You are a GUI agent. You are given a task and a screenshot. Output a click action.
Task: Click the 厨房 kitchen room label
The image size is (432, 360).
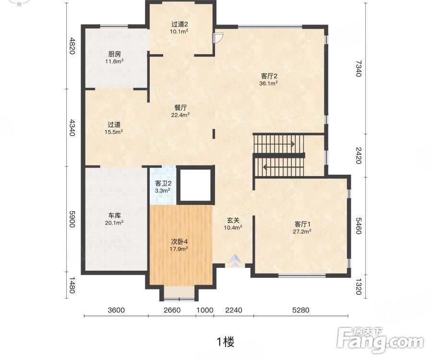pos(114,54)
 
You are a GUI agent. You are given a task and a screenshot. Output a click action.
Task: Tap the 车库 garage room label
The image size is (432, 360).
pos(114,216)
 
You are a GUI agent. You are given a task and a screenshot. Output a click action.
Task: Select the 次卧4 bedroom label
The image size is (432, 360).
pos(180,241)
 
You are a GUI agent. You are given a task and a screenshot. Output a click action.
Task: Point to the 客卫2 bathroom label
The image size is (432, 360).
pos(163,183)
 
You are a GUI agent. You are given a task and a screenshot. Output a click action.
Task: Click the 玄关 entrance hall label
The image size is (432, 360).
pos(233,220)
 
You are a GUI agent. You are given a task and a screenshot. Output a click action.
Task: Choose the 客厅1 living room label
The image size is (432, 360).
pos(302,224)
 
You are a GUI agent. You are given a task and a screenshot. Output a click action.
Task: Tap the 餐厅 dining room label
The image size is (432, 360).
pos(180,108)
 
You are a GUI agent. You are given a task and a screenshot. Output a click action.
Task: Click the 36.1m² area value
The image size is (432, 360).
pos(268,84)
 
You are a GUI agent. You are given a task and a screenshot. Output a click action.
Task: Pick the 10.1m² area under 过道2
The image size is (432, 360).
pos(179,31)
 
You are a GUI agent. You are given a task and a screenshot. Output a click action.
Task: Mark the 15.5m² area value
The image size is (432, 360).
pos(113,132)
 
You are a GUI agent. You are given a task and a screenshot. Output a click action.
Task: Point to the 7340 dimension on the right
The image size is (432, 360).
pos(358,69)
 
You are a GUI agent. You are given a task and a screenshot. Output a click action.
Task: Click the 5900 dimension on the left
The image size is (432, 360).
pos(72,219)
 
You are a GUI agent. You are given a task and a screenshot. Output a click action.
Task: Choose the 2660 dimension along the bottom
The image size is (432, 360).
pos(172,310)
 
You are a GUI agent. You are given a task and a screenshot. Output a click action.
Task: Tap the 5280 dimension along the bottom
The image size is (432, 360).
pos(300,310)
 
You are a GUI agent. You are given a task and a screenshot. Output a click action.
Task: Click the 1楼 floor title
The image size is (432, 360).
pos(226,342)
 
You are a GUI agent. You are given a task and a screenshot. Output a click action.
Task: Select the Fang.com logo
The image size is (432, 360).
pos(381,340)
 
